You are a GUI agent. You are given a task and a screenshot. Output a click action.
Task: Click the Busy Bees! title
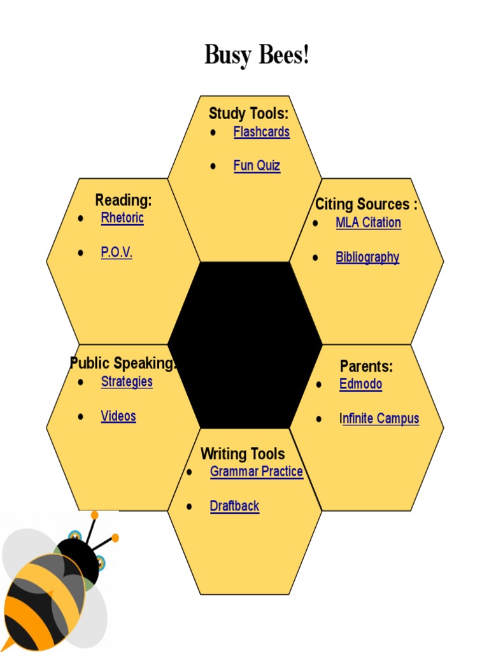point(257,55)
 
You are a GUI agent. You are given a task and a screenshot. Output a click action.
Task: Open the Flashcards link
point(261,132)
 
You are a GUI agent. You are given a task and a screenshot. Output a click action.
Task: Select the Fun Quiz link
point(257,166)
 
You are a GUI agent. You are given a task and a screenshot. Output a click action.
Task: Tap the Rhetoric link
point(122,218)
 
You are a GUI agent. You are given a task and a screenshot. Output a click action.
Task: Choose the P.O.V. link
point(117,252)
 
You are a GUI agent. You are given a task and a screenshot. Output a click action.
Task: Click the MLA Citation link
point(368,223)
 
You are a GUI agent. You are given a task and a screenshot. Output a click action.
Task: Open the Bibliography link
point(367,257)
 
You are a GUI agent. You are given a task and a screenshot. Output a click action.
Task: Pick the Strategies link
point(127,381)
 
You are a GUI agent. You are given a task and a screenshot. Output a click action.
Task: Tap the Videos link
point(118,416)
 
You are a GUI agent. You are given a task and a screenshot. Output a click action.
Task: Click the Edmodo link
point(360,385)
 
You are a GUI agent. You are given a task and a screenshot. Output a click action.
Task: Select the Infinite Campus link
point(379,419)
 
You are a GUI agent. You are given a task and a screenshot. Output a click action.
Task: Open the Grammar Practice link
point(256,472)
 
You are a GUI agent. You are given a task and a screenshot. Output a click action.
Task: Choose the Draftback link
point(234,506)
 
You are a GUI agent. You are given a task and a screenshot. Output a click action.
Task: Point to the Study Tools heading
point(248,114)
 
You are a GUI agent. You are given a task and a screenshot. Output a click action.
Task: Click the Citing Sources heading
point(366,204)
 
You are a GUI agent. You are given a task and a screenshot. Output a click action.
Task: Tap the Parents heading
point(366,366)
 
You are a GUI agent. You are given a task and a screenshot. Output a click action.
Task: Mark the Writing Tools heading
point(243,454)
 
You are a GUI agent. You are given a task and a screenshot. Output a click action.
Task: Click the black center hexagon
point(245,344)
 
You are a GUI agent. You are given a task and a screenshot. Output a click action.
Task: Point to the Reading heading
point(124,200)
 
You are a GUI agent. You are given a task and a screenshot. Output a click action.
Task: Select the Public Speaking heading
point(123,364)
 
